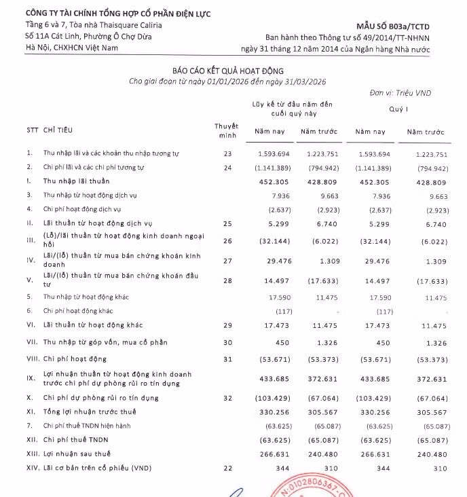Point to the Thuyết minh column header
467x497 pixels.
227,129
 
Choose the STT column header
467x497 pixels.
31,129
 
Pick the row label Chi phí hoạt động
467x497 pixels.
74,358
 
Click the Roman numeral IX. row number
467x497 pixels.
29,378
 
